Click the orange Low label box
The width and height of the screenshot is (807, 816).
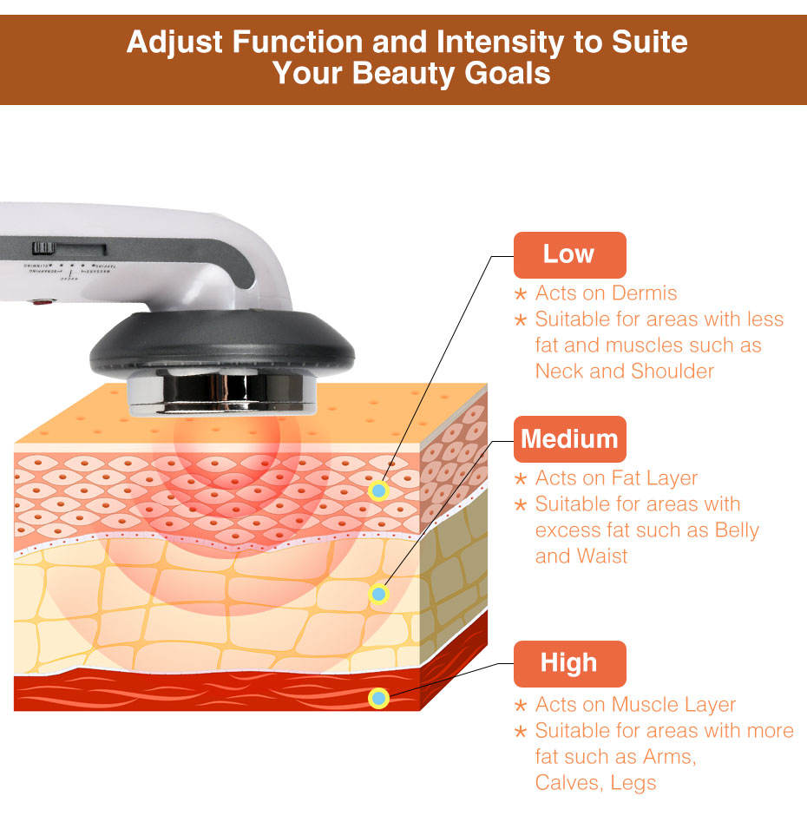coord(569,254)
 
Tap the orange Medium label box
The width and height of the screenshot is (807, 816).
coord(569,439)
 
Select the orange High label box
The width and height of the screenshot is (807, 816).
coord(569,663)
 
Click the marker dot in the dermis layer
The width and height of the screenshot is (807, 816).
coord(378,491)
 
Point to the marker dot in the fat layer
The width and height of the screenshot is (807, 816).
coord(378,595)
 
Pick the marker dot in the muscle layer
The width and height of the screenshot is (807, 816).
coord(378,698)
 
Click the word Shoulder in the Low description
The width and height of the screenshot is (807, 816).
coord(673,372)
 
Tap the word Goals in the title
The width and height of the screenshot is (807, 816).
coord(508,73)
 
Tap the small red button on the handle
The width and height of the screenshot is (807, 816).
coord(40,304)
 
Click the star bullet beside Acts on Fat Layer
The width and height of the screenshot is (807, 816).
coord(521,479)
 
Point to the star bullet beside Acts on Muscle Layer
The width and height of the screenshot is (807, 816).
coord(521,706)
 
